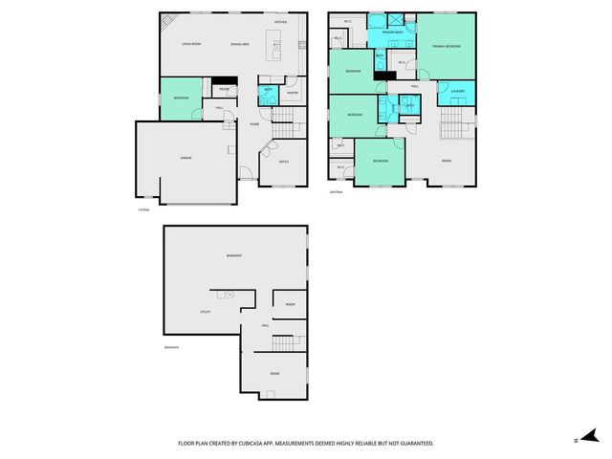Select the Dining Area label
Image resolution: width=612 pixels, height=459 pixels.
coord(241,44)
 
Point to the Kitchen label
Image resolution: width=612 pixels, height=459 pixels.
coord(280,21)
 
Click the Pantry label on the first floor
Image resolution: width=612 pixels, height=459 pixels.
coord(293,93)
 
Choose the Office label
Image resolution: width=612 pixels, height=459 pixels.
coord(284,162)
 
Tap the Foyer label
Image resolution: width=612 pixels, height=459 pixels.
coord(254,124)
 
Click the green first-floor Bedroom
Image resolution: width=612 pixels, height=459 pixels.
coord(181,98)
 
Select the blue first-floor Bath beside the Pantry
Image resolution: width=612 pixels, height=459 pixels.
coord(268,95)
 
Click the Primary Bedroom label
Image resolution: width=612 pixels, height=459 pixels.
coord(447,46)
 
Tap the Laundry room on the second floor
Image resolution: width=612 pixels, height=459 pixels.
coord(458,92)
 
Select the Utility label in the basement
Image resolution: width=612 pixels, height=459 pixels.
coord(204,312)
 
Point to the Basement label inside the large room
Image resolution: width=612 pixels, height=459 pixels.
coord(233,255)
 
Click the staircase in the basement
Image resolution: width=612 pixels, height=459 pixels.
coord(282,342)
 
